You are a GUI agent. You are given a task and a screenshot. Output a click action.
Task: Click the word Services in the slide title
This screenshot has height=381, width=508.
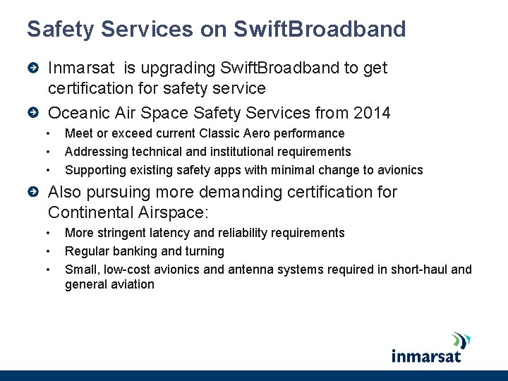145,29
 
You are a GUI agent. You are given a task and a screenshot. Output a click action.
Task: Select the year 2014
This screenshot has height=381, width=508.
373,112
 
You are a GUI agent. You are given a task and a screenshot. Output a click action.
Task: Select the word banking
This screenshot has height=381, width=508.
135,251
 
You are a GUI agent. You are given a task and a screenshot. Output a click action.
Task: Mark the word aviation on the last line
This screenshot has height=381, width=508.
131,284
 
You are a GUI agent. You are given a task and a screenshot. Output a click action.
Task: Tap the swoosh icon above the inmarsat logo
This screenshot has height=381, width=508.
461,339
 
